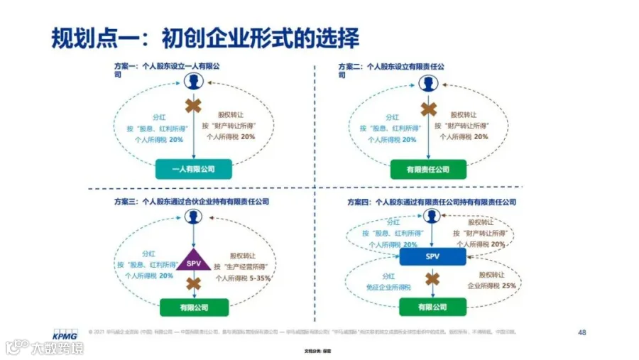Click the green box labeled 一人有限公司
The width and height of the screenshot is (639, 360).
[x=193, y=169]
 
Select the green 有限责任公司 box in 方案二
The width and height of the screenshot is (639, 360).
[x=428, y=170]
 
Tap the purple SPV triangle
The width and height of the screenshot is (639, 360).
[x=193, y=263]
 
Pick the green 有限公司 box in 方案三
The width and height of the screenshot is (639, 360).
[x=193, y=307]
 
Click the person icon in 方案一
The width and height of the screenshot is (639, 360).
[x=192, y=82]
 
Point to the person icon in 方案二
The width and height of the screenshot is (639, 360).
[x=427, y=83]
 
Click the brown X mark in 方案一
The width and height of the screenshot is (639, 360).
[x=193, y=107]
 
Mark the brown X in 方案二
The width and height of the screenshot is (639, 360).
[x=428, y=109]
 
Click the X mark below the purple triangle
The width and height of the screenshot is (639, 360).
[x=193, y=283]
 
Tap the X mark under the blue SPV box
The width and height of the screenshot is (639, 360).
[x=432, y=278]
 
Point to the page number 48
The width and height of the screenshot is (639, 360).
[x=582, y=332]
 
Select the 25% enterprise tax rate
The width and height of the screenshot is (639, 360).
[x=509, y=285]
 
